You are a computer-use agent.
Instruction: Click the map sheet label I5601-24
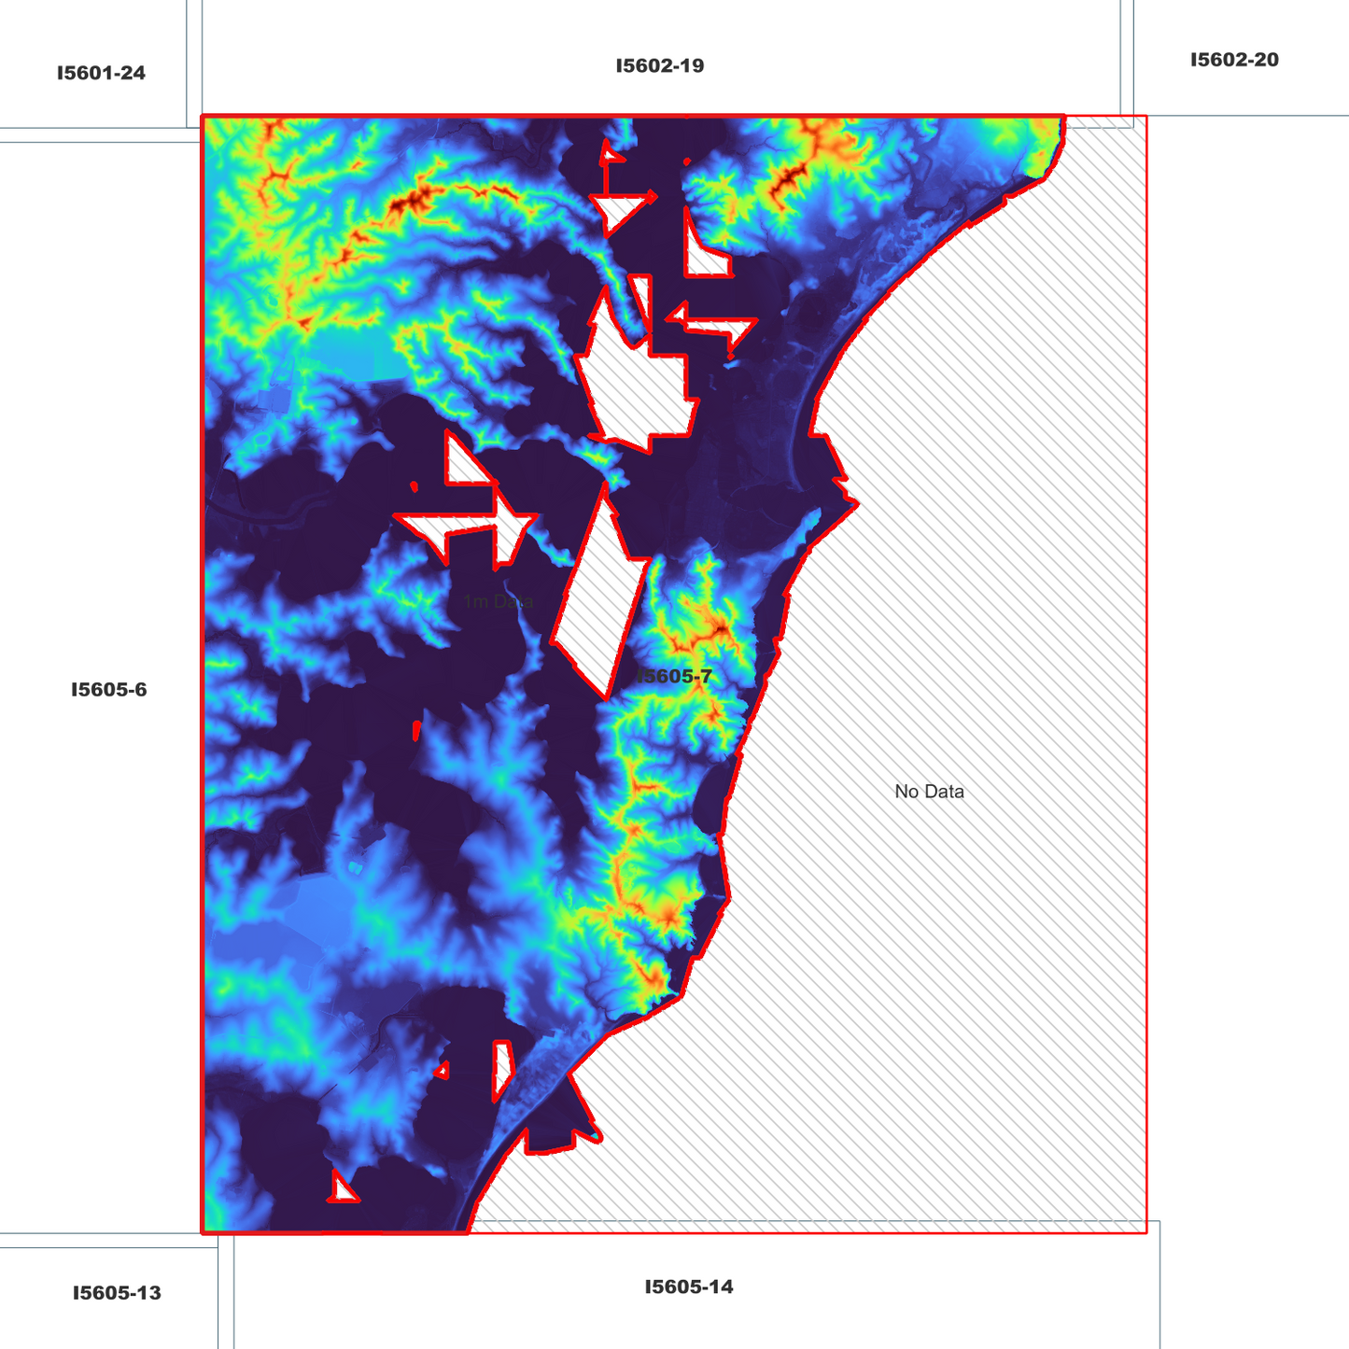tap(101, 73)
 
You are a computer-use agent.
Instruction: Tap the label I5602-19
tap(659, 65)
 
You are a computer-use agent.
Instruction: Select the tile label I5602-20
tap(1233, 60)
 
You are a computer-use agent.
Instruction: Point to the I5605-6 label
tap(109, 690)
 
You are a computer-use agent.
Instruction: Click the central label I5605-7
tap(674, 676)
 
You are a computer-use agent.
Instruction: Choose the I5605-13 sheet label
tap(117, 1293)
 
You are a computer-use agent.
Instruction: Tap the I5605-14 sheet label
tap(689, 1286)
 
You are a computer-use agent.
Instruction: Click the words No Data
tap(929, 792)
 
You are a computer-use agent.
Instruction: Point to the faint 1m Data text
tap(499, 601)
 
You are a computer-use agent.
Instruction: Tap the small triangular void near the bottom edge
tap(343, 1189)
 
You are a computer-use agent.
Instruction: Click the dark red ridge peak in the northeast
tap(792, 176)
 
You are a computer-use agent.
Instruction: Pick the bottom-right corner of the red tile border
tap(1145, 1232)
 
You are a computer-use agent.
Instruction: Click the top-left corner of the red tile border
tap(203, 117)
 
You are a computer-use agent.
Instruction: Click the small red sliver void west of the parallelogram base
tap(416, 729)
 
